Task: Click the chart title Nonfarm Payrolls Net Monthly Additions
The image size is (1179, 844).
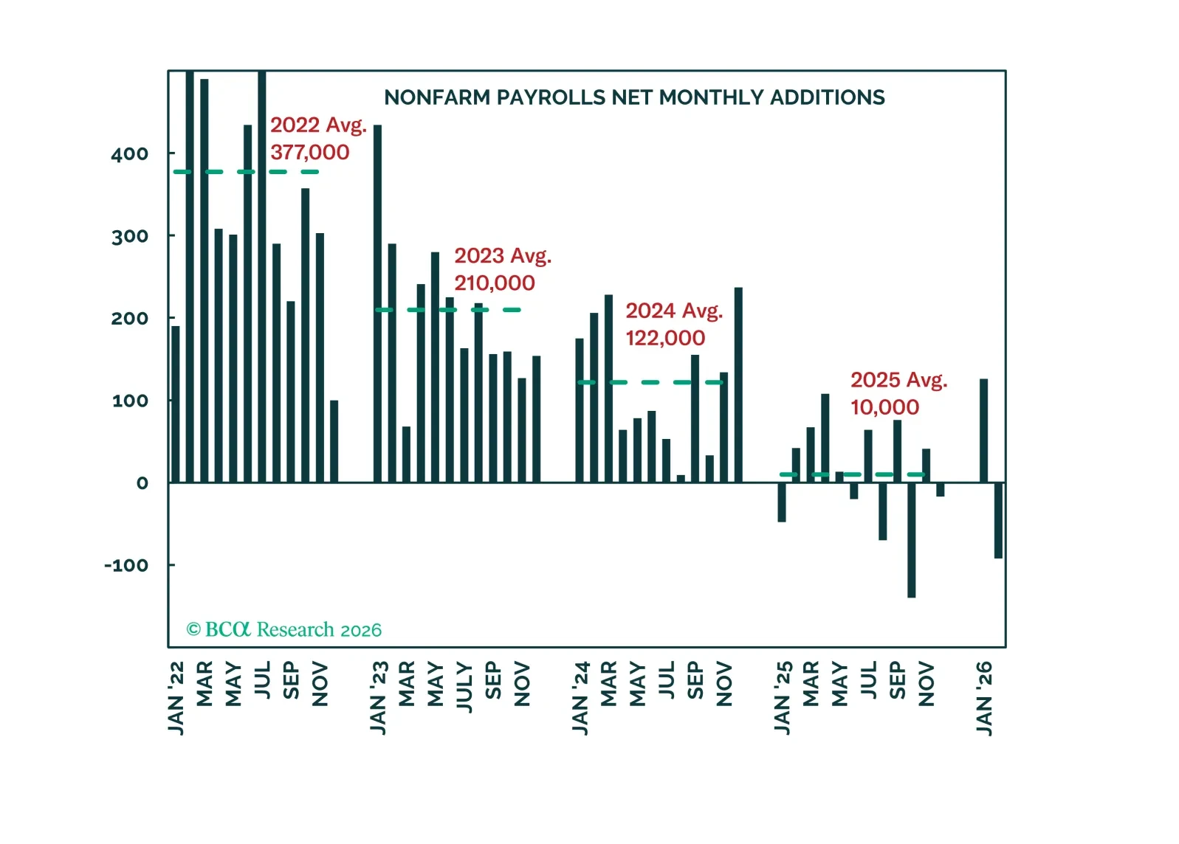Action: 634,97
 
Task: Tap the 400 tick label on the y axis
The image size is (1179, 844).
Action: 129,154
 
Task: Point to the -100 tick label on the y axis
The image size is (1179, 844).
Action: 126,566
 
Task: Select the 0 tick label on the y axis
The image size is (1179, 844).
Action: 142,484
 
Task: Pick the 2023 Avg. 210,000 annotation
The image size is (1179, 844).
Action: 502,269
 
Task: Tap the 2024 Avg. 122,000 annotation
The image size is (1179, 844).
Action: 673,324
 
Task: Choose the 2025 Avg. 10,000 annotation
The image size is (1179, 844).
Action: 898,393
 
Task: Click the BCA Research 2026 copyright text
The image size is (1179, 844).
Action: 284,629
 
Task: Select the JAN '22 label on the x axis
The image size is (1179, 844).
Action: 176,698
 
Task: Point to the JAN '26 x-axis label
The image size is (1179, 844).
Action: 984,698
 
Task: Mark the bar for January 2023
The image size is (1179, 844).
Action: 378,303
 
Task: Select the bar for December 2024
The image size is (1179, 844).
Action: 738,384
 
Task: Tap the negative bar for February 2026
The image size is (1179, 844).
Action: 998,520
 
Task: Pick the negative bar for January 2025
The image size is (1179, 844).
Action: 782,502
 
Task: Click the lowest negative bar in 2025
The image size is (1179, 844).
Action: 912,540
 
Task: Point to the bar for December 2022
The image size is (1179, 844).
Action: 334,441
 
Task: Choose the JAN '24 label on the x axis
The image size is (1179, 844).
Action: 580,698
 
